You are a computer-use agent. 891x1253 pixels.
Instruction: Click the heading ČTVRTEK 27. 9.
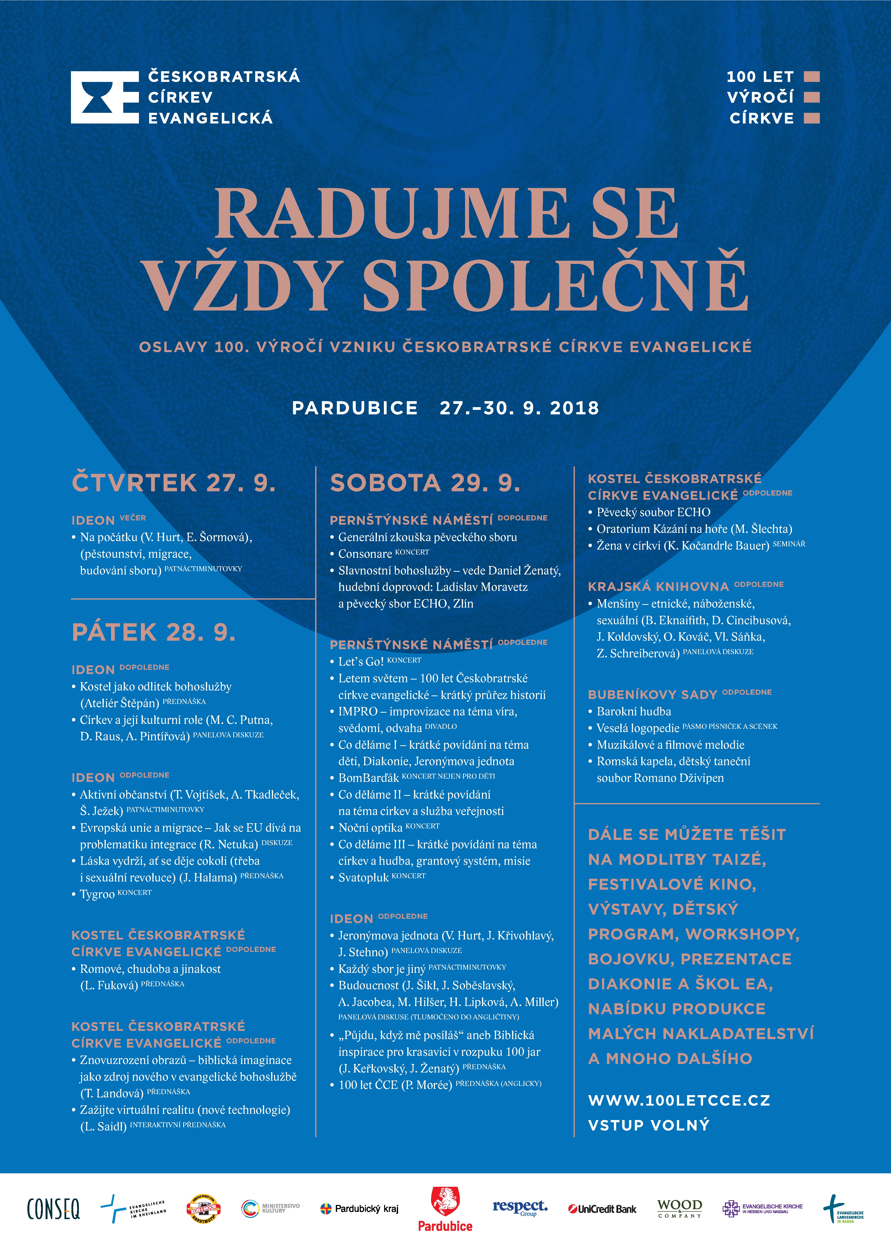click(173, 483)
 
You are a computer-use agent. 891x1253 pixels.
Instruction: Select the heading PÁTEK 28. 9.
click(154, 632)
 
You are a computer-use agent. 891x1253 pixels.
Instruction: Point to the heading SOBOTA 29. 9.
click(425, 483)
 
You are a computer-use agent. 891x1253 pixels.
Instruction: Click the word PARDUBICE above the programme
click(355, 408)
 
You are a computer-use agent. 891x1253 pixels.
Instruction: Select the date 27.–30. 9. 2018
click(519, 408)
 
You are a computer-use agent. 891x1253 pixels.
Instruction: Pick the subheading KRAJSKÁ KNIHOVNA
click(658, 586)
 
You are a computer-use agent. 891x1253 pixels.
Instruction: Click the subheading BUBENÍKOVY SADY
click(652, 694)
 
